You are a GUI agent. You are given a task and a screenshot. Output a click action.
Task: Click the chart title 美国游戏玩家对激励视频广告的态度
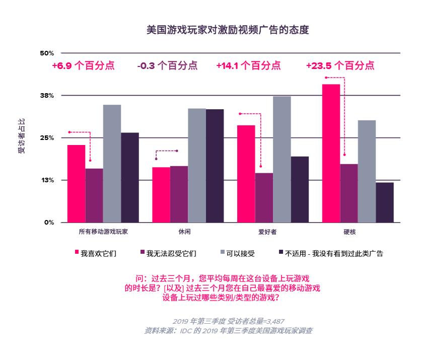pos(227,30)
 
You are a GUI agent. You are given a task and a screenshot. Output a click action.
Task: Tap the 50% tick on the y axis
pos(47,53)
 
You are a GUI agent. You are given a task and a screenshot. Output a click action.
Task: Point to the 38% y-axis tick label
pos(47,96)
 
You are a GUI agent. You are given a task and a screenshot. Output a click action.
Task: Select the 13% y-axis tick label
pos(47,180)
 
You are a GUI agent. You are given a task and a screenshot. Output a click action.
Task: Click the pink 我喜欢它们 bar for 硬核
pos(331,153)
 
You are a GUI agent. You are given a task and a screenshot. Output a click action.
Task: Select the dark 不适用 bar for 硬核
pos(385,202)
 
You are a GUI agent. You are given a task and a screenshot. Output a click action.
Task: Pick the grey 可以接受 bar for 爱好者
pos(282,159)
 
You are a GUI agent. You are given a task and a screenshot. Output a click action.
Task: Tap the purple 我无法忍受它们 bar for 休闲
pos(179,194)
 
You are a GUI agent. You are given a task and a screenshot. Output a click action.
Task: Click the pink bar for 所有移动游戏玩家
pos(77,183)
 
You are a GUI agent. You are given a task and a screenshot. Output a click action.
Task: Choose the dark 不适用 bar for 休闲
pos(215,166)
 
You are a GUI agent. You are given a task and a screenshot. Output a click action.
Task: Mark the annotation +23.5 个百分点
pos(340,66)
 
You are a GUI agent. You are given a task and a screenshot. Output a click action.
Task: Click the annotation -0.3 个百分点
pos(167,66)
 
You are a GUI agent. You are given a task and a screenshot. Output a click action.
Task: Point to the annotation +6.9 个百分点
pos(83,66)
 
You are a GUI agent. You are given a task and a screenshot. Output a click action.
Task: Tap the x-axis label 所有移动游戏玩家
pos(103,232)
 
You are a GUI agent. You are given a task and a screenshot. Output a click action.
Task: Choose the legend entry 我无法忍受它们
pos(171,253)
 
